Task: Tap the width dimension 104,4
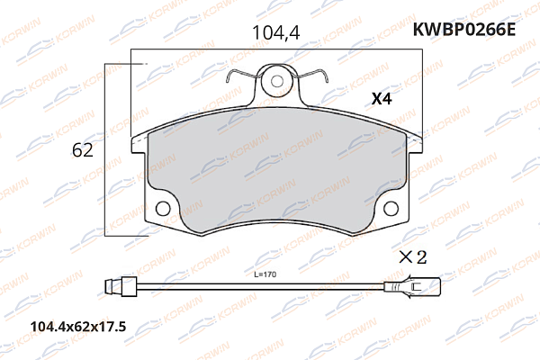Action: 274,33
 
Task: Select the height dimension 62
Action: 83,150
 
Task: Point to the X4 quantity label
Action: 383,101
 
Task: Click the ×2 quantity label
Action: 412,256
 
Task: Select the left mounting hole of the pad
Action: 163,210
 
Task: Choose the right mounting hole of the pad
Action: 391,210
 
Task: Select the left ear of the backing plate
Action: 138,141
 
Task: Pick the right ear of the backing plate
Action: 416,141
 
